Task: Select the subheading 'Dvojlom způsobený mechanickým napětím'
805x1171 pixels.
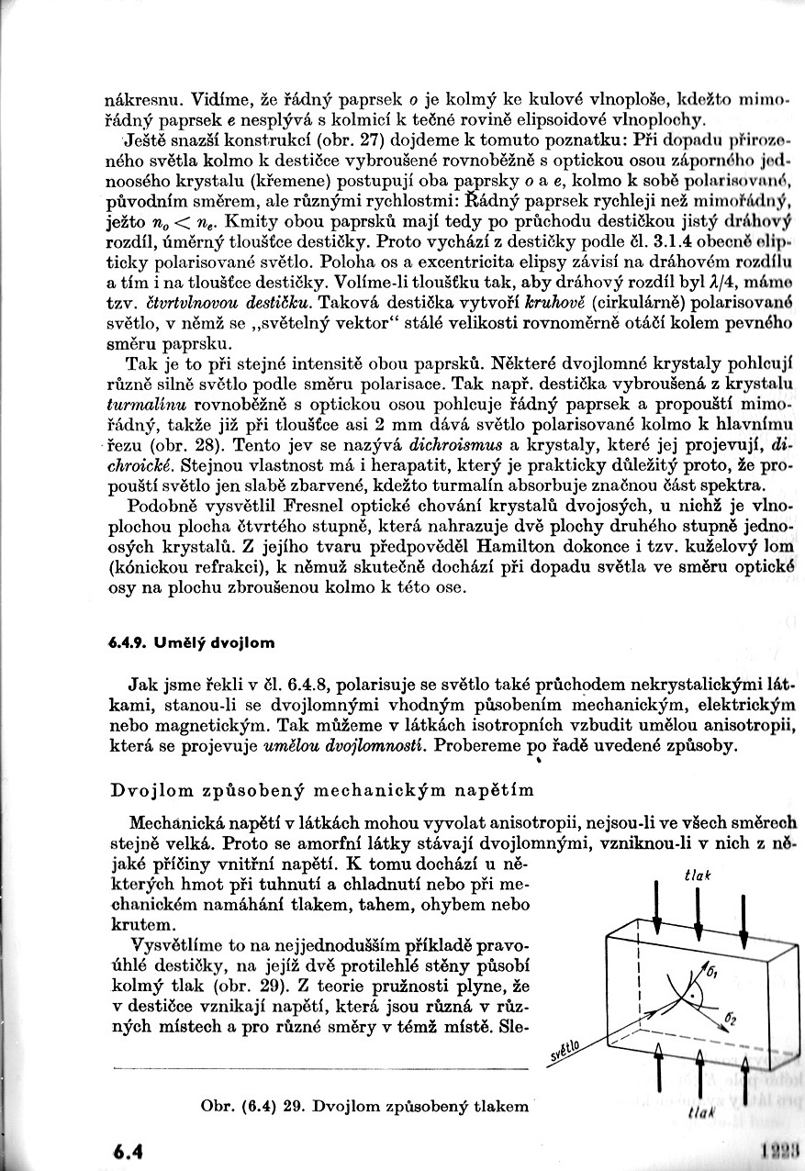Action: tap(321, 789)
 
